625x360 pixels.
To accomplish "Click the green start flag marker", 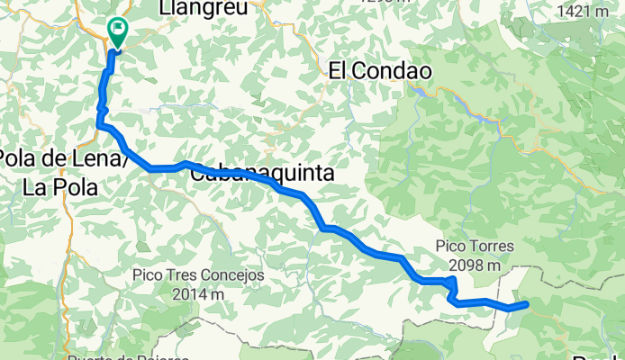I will point(117,31).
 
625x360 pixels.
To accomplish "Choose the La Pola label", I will point(59,187).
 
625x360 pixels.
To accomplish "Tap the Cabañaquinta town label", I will point(262,173).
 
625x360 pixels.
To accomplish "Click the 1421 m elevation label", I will point(584,11).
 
